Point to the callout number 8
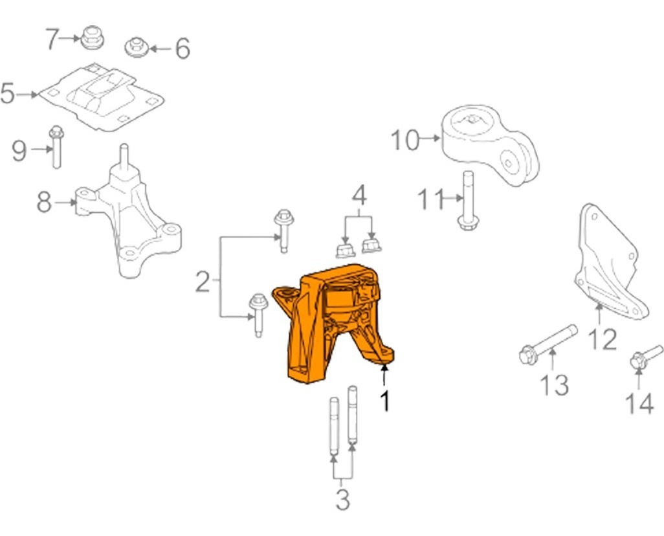44,203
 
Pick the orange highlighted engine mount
330,324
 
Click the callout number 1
385,401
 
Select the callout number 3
342,499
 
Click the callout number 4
359,194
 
